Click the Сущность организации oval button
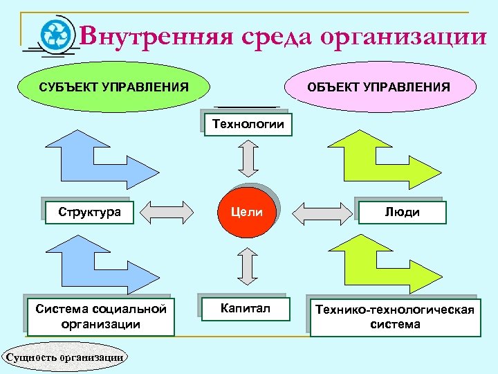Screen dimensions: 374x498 [66, 357]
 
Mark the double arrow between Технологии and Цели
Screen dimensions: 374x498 [248, 160]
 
